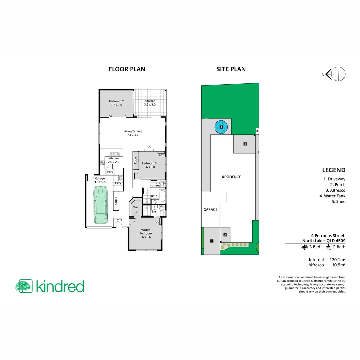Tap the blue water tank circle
point(221,127)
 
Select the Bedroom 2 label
point(116,103)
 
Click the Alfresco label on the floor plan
point(150,103)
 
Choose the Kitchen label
point(113,160)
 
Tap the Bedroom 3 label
point(149,165)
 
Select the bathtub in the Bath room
point(162,196)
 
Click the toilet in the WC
point(161,184)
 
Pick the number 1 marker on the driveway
point(211,241)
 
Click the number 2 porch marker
point(225,235)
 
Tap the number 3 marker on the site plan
point(245,144)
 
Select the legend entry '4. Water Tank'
point(332,196)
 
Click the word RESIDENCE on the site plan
point(231,177)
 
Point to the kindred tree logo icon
point(23,286)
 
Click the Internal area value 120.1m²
point(337,259)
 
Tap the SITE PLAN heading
point(231,69)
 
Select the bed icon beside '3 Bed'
point(304,247)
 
